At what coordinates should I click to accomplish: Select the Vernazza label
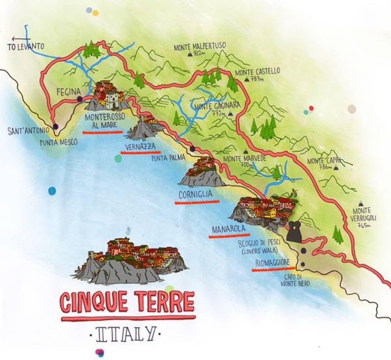click(x=140, y=147)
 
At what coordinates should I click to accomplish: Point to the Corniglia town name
click(x=195, y=195)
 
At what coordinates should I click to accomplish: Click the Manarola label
click(x=228, y=229)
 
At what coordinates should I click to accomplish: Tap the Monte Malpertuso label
click(x=200, y=47)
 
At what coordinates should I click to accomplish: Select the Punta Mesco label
click(x=59, y=142)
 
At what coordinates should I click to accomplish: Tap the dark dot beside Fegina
click(x=79, y=99)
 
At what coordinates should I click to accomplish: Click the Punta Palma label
click(x=168, y=158)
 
